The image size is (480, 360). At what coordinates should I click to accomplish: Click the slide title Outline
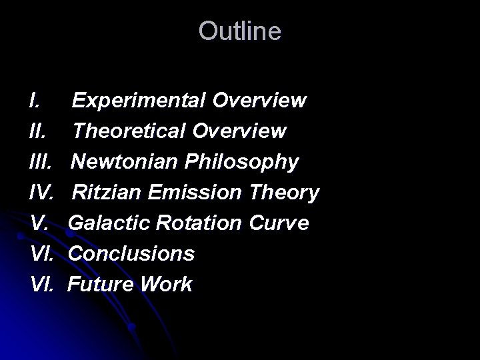click(240, 31)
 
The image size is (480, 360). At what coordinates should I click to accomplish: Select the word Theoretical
click(131, 131)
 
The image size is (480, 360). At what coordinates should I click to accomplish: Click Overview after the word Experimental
click(260, 101)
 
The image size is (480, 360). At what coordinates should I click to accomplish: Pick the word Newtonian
click(129, 162)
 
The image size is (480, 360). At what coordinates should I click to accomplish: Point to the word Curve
click(279, 223)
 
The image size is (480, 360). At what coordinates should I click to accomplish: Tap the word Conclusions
click(131, 254)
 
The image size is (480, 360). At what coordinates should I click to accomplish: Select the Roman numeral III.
click(42, 162)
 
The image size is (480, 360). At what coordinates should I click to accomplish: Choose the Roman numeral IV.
click(42, 193)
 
